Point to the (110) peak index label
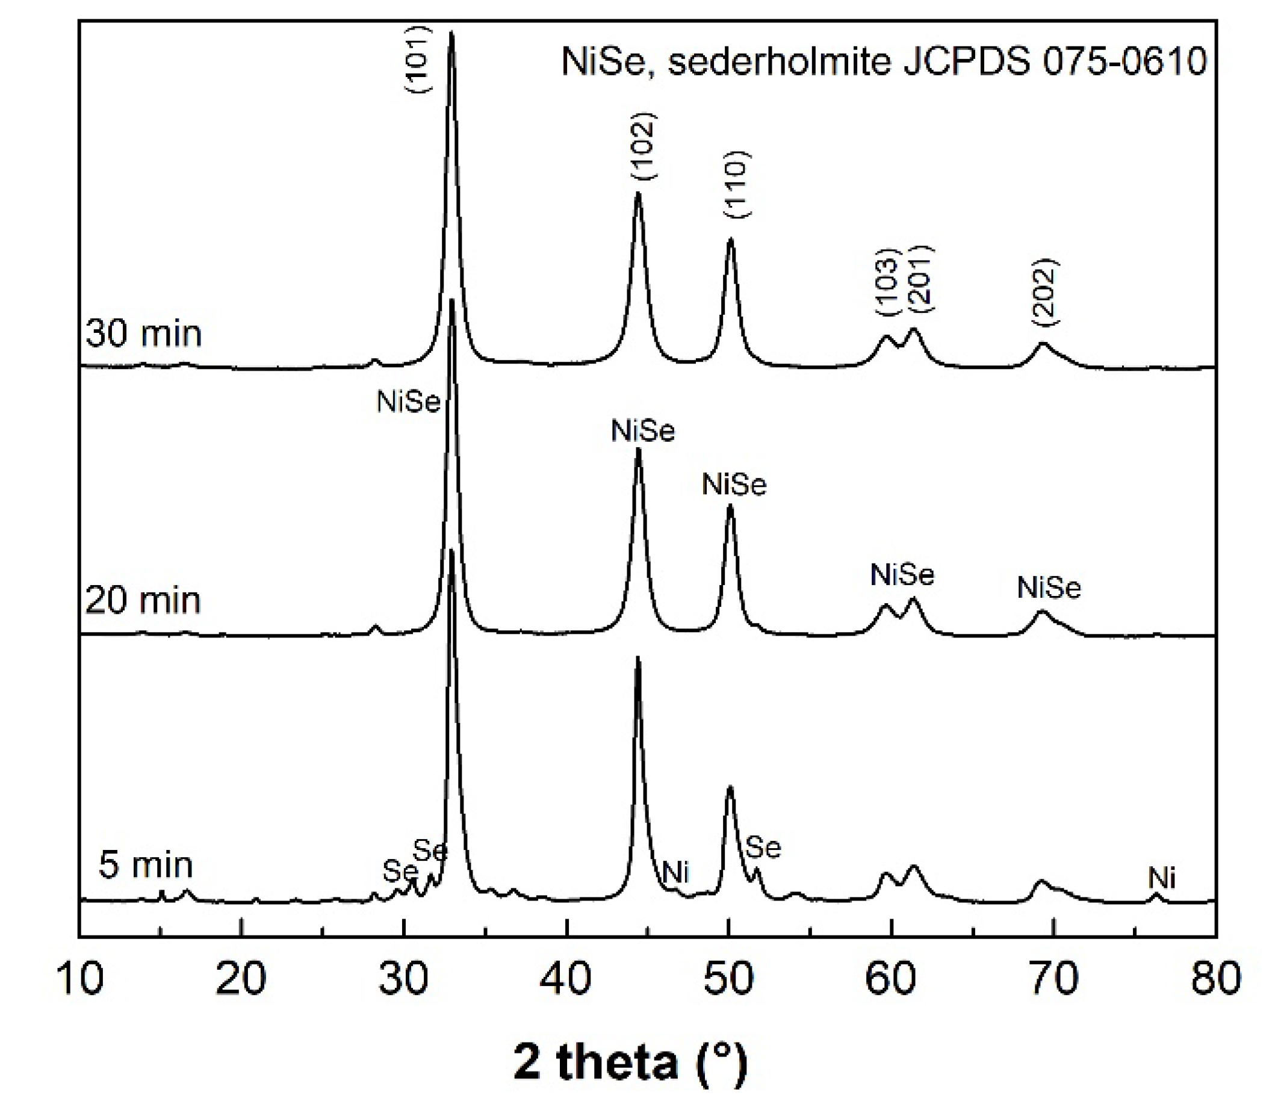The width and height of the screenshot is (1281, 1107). coord(737,184)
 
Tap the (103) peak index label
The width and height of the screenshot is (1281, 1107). coord(887,282)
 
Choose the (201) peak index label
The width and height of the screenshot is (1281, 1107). coord(920,277)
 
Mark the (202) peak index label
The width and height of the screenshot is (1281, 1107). coord(1046,292)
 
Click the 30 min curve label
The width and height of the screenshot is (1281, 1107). coord(143,333)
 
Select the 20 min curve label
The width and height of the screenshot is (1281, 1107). coord(143,600)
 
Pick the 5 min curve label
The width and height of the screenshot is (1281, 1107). coord(146,864)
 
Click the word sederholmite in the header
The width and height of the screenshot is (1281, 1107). coord(781,62)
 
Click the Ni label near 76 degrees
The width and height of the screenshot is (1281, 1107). coord(1162,878)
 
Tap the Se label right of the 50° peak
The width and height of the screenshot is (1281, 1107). coord(763,848)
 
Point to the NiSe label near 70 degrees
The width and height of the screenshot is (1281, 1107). coord(1049,588)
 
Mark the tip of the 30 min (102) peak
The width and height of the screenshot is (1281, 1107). coord(638,194)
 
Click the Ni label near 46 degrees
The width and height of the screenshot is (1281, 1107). coord(676,873)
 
